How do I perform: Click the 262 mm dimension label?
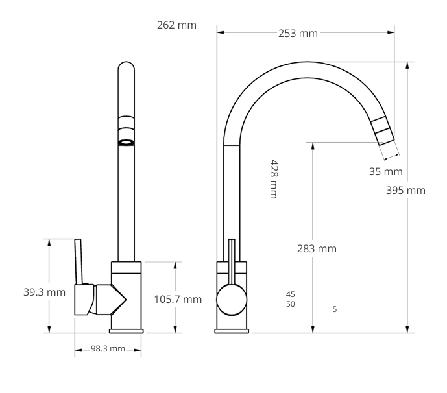176,25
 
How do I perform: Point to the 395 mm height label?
405,190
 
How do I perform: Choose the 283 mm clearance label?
316,248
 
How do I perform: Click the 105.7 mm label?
178,299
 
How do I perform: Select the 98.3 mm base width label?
108,349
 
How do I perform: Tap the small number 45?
291,294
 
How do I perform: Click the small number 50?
291,304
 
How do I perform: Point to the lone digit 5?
335,309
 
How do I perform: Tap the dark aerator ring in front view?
127,142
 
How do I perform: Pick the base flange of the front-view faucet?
126,331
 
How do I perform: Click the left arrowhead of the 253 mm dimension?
220,31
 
